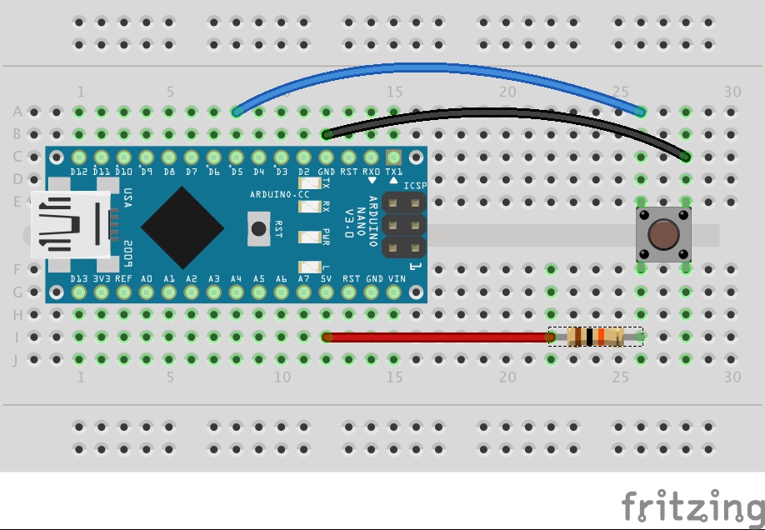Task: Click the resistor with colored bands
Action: coord(594,337)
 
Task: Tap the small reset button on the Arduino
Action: coord(259,227)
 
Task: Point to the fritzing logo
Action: coord(692,506)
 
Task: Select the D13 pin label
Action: coord(79,278)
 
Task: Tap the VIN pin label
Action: coord(397,278)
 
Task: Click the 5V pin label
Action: coord(327,278)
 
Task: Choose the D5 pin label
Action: coord(237,172)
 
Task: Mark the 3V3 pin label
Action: coord(102,278)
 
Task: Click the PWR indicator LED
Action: coord(312,237)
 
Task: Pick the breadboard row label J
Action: coord(17,360)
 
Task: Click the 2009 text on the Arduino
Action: coord(127,251)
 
